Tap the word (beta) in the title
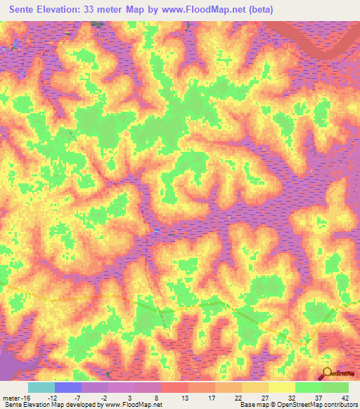click(258, 9)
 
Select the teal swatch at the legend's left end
click(41, 387)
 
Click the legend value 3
click(130, 397)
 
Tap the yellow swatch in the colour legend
click(281, 387)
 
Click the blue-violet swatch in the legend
click(67, 387)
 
